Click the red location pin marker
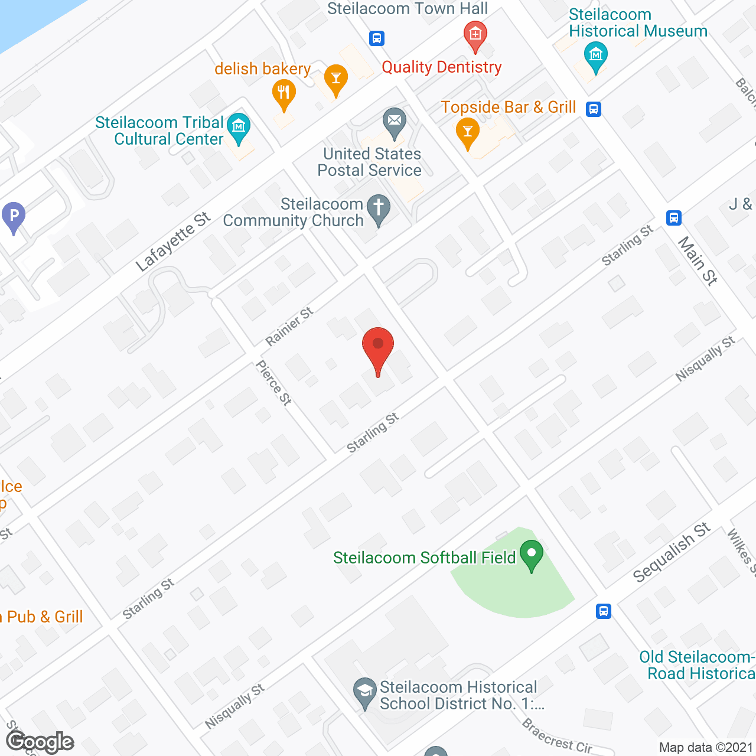[x=377, y=348]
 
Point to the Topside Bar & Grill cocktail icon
[x=468, y=133]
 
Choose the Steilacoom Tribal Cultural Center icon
[x=239, y=128]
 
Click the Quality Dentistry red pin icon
[x=475, y=36]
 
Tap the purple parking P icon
[x=14, y=217]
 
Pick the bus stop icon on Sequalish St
[x=603, y=611]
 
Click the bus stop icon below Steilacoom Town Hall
[x=377, y=38]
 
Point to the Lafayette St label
[x=172, y=242]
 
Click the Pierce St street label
[x=273, y=383]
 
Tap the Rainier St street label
[x=289, y=327]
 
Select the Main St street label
[x=697, y=260]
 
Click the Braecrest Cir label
[x=557, y=736]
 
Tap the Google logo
[x=40, y=742]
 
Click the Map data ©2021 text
[x=706, y=748]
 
